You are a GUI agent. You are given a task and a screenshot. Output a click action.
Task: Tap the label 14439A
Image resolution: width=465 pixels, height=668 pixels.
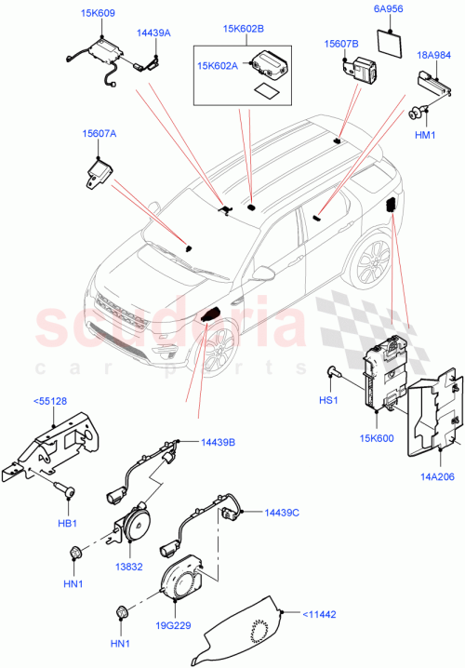(x=153, y=32)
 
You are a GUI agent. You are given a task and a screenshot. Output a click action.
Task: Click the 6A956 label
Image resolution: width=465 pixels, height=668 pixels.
(x=389, y=10)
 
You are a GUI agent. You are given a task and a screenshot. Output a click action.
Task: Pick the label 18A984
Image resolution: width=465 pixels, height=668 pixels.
(x=434, y=55)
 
